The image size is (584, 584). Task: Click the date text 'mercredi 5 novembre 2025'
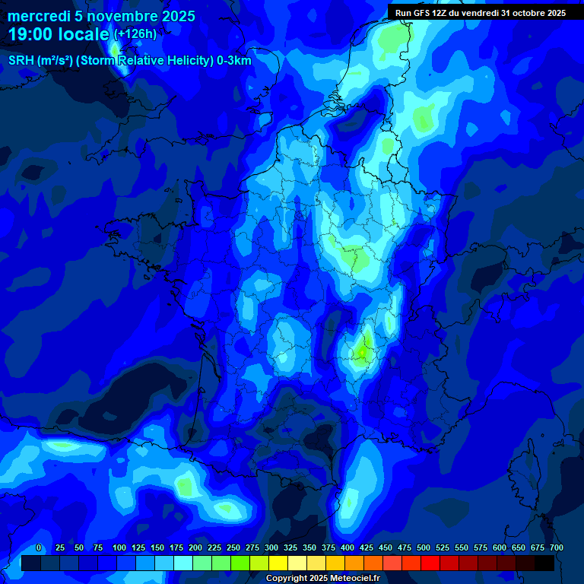click(x=101, y=16)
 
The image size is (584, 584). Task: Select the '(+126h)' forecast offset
click(x=135, y=34)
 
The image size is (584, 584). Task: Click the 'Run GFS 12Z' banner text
click(x=421, y=13)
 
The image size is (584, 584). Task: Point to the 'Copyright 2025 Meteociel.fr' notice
click(x=322, y=578)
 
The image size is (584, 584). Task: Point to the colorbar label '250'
click(x=233, y=548)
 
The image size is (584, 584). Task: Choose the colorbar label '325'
click(x=290, y=548)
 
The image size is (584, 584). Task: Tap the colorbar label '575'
click(x=481, y=548)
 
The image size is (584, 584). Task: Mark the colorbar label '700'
click(x=557, y=548)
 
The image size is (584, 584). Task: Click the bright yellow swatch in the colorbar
click(x=278, y=563)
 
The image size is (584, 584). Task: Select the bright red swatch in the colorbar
click(x=430, y=563)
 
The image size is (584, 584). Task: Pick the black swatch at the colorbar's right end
click(x=544, y=563)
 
